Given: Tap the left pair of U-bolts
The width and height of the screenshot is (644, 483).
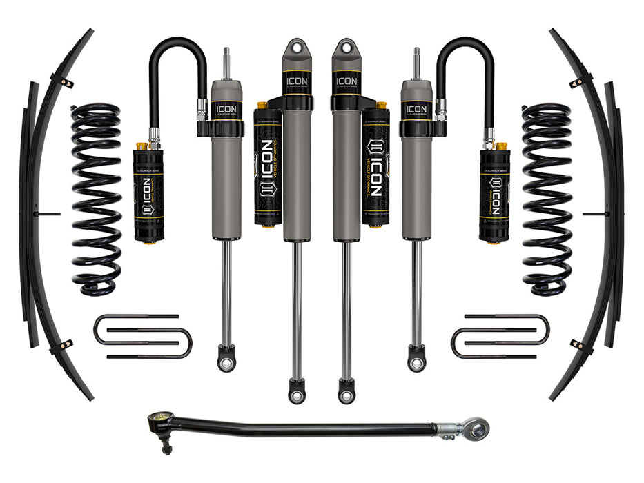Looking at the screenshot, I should (x=142, y=337).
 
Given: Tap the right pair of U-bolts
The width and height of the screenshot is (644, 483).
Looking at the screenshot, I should (x=500, y=337).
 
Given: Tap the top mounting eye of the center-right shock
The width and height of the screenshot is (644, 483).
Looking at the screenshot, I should (x=346, y=49).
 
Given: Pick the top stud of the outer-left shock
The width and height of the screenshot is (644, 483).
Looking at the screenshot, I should (x=226, y=62).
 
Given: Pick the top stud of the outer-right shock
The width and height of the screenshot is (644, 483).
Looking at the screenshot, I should (x=416, y=62).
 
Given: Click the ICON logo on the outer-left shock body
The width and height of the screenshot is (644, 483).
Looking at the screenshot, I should (x=226, y=110).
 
